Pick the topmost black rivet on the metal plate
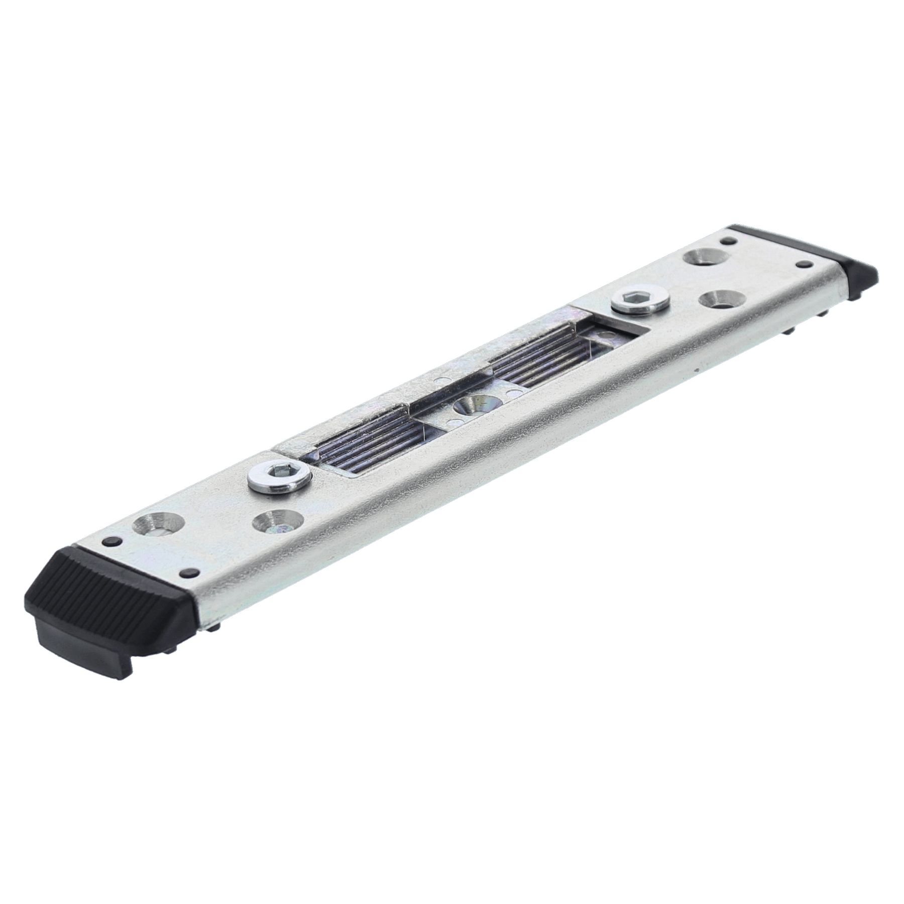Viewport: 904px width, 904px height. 724,241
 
